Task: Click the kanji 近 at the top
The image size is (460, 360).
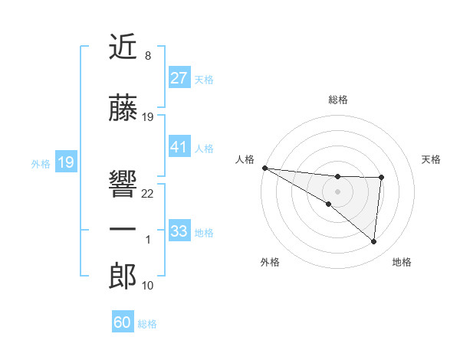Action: click(123, 47)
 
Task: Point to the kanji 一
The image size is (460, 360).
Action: click(123, 231)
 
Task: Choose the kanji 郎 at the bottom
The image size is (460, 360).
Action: click(123, 277)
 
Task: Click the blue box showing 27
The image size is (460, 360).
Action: click(179, 78)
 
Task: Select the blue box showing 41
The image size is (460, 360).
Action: click(179, 147)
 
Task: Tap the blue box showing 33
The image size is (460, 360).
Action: click(179, 231)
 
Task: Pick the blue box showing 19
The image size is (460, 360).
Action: click(65, 162)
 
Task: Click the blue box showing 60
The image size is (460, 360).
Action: click(123, 322)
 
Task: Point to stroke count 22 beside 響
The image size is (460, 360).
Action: click(148, 194)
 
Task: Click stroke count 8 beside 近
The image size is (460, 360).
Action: click(147, 56)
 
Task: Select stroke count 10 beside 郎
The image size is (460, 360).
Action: click(148, 286)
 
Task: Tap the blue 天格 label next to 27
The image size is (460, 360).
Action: click(204, 79)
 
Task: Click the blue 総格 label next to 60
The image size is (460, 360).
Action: click(147, 324)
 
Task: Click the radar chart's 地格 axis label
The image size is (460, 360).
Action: click(402, 262)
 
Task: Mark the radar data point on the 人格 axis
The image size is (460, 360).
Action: click(264, 168)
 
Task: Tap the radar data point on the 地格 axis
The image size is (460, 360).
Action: click(373, 242)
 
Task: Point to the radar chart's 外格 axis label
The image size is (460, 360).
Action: click(270, 262)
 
